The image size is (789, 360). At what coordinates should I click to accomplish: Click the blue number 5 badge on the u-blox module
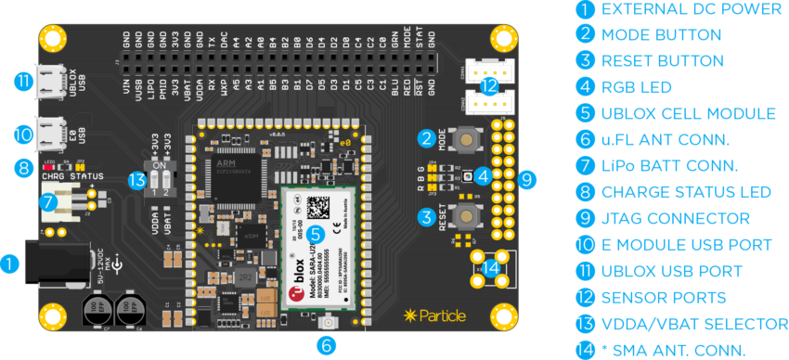point(316,235)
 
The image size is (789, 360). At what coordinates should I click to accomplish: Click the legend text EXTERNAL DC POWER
point(691,9)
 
